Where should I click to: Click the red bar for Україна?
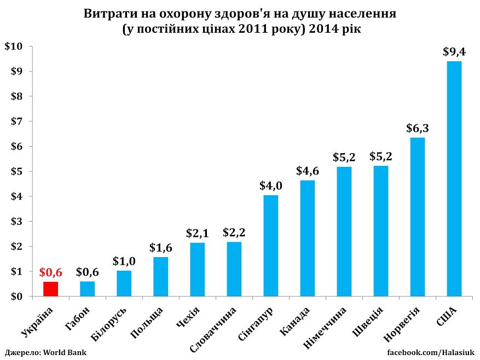pyautogui.click(x=50, y=289)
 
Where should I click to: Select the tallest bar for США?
pyautogui.click(x=454, y=178)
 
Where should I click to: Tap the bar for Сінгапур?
pyautogui.click(x=271, y=246)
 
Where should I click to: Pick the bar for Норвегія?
pyautogui.click(x=418, y=217)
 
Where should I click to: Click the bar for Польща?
pyautogui.click(x=161, y=276)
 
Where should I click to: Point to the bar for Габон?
pyautogui.click(x=87, y=289)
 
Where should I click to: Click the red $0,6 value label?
pyautogui.click(x=50, y=272)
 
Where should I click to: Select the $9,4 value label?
pyautogui.click(x=454, y=52)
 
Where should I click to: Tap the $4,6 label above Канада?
pyautogui.click(x=308, y=171)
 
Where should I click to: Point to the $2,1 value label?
pyautogui.click(x=198, y=234)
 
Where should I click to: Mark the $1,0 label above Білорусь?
pyautogui.click(x=124, y=262)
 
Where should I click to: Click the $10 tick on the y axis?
pyautogui.click(x=13, y=47)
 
